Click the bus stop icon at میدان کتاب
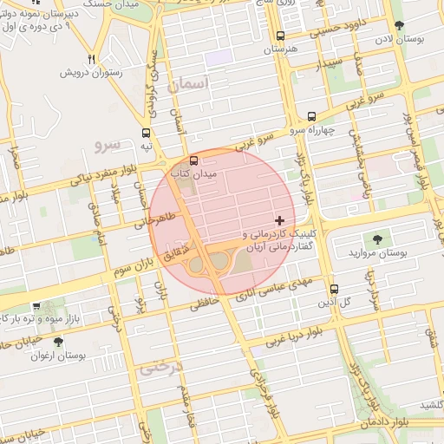pos(193,160)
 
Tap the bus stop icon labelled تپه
pos(146,134)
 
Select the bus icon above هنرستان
pos(280,36)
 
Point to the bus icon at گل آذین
pos(335,289)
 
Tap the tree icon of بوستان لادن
pos(398,26)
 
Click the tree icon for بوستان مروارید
pos(377,238)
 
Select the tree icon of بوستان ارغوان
pos(58,343)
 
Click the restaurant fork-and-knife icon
pos(91,59)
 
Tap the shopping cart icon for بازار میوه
pos(36,307)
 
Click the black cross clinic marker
pos(278,221)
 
